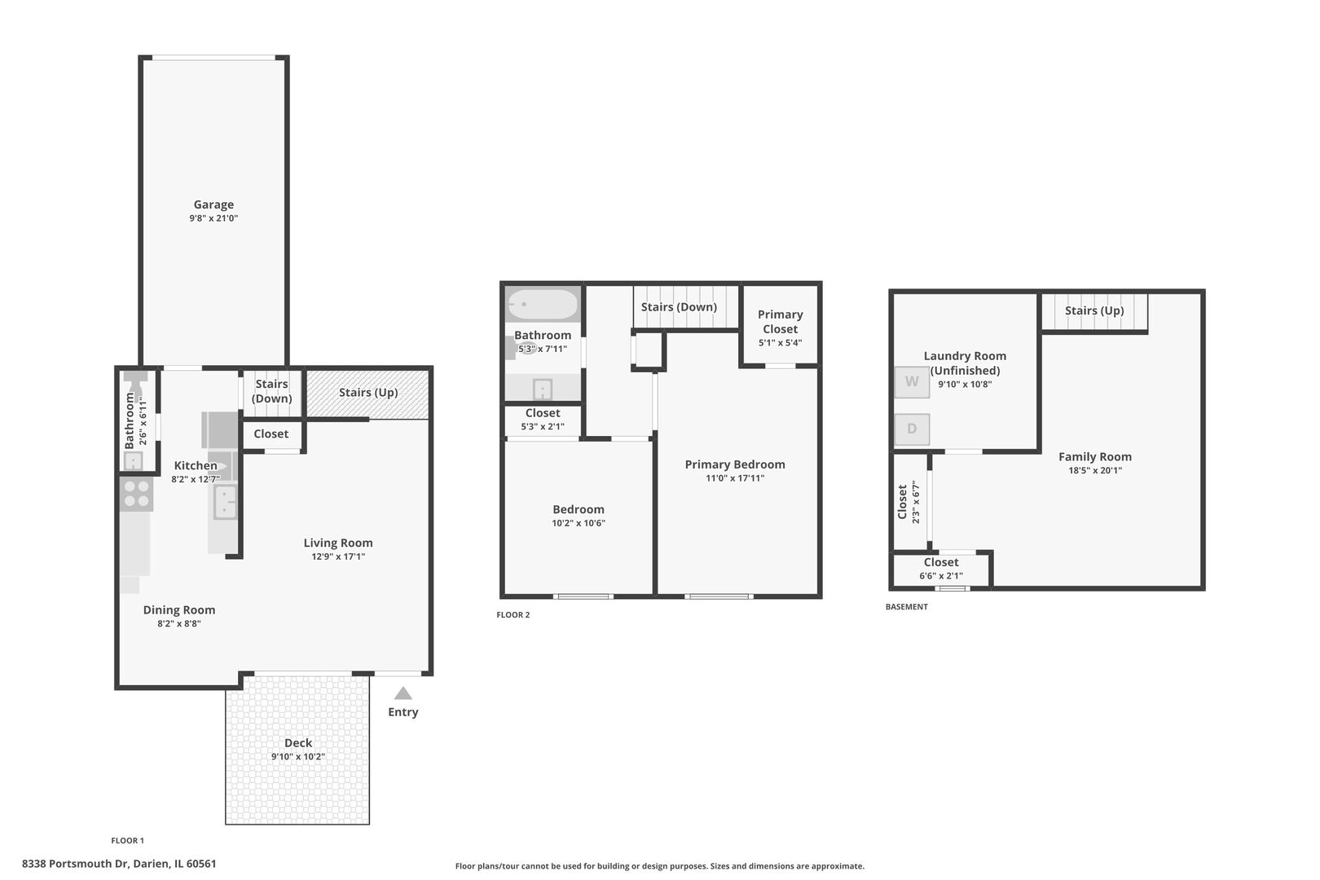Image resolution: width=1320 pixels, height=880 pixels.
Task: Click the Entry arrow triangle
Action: [403, 693]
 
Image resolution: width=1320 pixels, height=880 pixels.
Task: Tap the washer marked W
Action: [912, 382]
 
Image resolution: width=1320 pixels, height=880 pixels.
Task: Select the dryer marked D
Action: [912, 429]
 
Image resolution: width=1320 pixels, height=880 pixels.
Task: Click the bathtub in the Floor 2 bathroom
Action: [543, 305]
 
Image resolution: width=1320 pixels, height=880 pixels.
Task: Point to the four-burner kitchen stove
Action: [136, 494]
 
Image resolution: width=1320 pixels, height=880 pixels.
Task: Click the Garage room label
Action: [213, 205]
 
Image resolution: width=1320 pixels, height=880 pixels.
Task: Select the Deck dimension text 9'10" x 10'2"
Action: [298, 757]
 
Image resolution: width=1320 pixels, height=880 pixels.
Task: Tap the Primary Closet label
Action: [780, 321]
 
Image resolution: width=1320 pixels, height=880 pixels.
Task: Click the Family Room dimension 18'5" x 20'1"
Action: [1094, 470]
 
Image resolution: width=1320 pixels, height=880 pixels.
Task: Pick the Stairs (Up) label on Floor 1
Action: [368, 392]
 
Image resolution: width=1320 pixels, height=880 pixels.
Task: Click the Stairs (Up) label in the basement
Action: [1093, 310]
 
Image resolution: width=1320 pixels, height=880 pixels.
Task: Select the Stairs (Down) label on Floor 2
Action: [679, 307]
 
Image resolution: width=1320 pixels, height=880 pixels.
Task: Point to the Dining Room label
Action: [179, 609]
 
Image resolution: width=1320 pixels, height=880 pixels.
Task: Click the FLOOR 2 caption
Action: [513, 614]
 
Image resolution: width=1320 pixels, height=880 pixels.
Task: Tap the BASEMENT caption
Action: [906, 606]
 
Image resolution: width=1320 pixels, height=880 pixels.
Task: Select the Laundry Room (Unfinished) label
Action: [965, 363]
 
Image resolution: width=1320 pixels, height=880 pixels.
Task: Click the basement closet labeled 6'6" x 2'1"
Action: [941, 568]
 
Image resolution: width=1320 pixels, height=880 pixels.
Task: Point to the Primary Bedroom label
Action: [735, 464]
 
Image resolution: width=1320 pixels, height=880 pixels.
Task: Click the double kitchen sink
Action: [225, 502]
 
